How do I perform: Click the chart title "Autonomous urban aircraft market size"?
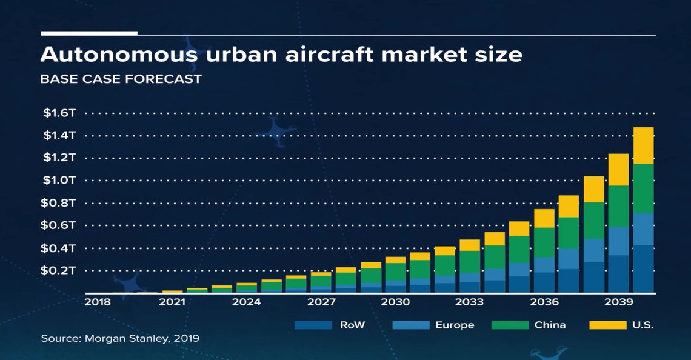coord(281,55)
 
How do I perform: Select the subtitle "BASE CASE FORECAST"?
coord(121,79)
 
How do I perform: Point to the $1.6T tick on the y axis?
coord(59,113)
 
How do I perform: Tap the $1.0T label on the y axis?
coord(59,180)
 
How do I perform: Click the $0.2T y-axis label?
coord(59,270)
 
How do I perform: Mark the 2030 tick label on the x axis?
coord(395,302)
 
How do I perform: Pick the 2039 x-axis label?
coord(618,302)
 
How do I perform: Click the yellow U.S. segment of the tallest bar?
coord(643,145)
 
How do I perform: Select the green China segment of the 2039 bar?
coord(618,206)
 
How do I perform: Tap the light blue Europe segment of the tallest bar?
coord(643,229)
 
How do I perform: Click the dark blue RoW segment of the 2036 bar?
coord(544,282)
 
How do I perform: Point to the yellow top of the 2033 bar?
coord(469,245)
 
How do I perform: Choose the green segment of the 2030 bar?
coord(395,272)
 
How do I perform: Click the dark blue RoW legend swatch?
coord(313,325)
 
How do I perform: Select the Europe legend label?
coord(455,325)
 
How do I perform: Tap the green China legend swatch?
coord(510,325)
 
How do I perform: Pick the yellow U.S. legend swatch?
coord(607,325)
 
